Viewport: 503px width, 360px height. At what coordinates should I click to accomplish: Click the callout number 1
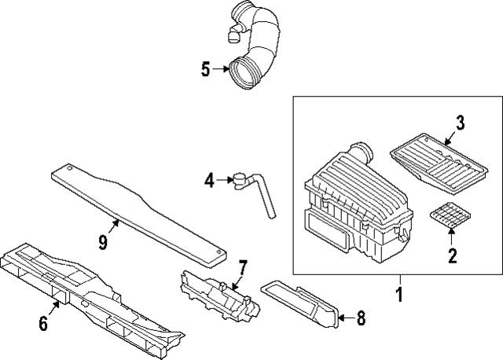pos(399,296)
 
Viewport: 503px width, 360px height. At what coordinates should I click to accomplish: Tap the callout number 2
pos(452,254)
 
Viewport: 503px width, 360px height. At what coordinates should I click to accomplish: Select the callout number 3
pos(461,122)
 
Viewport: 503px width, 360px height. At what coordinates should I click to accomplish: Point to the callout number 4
pos(209,181)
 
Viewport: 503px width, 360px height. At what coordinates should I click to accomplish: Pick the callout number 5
pos(205,70)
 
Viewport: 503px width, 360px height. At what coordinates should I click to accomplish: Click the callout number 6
pos(44,323)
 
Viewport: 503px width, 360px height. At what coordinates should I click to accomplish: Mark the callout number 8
pos(361,318)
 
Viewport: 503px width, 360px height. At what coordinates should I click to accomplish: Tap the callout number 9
pos(102,243)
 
